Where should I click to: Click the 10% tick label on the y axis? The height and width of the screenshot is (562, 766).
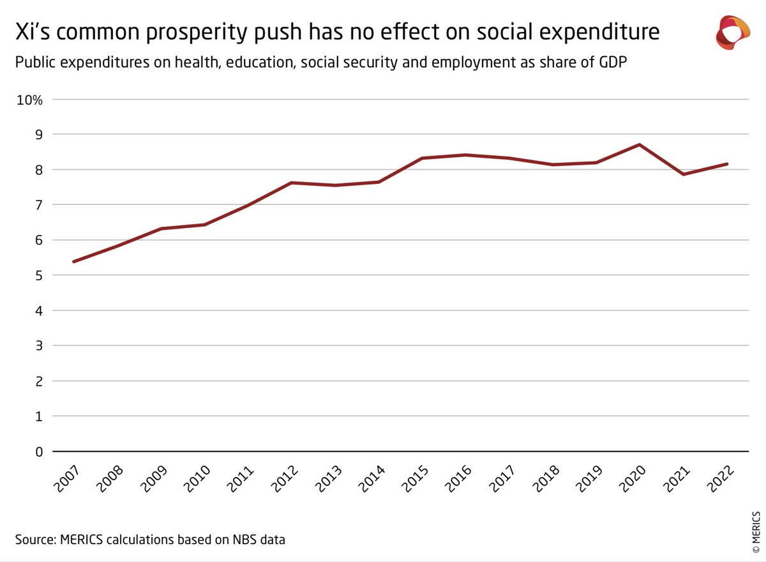point(29,100)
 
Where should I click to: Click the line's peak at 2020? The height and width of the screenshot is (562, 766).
point(640,144)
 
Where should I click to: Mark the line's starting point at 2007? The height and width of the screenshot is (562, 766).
point(74,261)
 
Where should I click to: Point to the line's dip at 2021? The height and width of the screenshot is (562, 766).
point(684,174)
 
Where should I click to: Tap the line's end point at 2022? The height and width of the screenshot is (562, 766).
point(727,164)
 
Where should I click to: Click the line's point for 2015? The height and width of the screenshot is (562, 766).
point(422,158)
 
